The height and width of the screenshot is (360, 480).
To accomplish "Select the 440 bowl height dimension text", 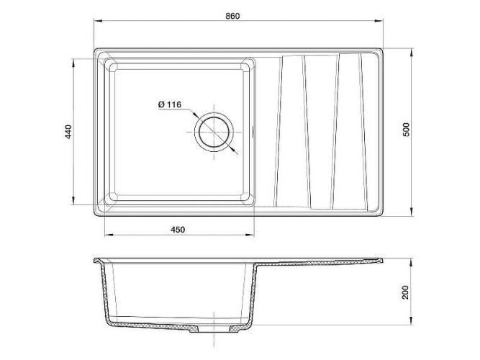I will click(x=68, y=132).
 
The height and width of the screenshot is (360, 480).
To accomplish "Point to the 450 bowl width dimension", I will click(x=178, y=230).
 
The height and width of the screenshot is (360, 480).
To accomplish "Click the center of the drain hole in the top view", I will click(x=214, y=131).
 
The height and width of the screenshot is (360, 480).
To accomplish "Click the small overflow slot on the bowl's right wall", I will click(x=253, y=132).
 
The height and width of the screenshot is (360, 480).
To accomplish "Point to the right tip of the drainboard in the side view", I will click(x=383, y=261).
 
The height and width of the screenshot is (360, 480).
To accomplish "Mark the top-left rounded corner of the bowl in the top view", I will click(x=110, y=63).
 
